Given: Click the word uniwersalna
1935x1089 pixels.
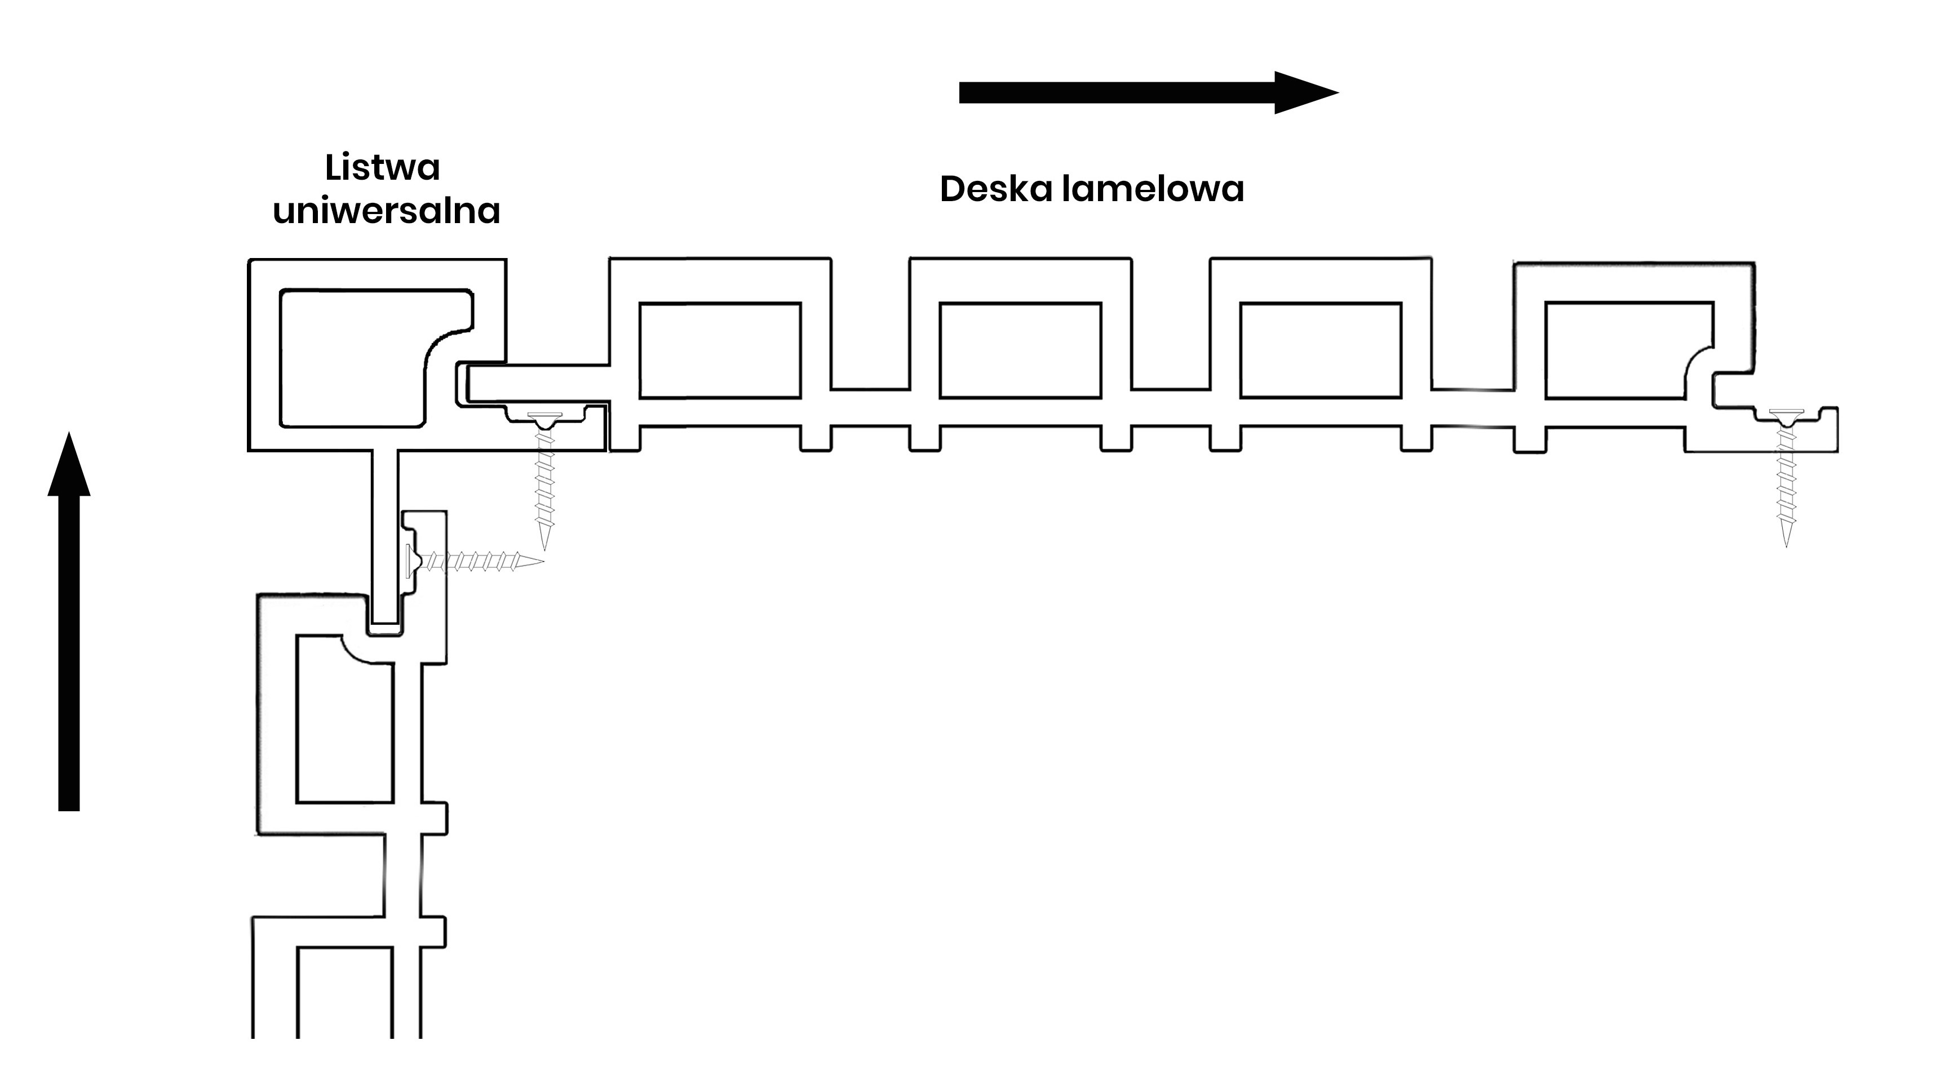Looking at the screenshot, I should click(x=386, y=211).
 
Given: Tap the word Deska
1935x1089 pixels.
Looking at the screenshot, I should click(x=996, y=189).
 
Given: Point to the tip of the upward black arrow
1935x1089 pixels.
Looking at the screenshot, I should click(x=69, y=435).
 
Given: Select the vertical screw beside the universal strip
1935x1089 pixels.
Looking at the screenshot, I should click(x=544, y=481).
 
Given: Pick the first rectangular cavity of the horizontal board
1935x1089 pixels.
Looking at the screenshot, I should click(x=720, y=350).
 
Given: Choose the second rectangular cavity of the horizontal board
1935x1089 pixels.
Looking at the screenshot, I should click(x=1020, y=350).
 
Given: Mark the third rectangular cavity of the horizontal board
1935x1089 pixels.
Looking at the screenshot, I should click(x=1321, y=350).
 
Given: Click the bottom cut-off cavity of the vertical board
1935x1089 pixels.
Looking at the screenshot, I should click(x=344, y=992).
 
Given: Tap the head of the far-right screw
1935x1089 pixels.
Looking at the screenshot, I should click(x=1786, y=414).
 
